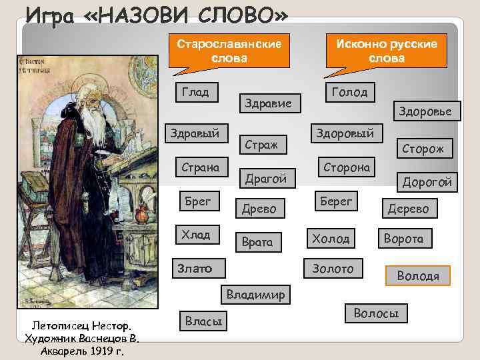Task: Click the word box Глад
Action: click(x=195, y=93)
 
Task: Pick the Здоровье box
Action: click(x=425, y=111)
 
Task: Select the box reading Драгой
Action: click(x=266, y=178)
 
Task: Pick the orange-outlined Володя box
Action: click(x=417, y=275)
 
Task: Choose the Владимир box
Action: click(x=255, y=294)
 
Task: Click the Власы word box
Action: click(x=203, y=321)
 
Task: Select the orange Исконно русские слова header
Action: click(x=387, y=51)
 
